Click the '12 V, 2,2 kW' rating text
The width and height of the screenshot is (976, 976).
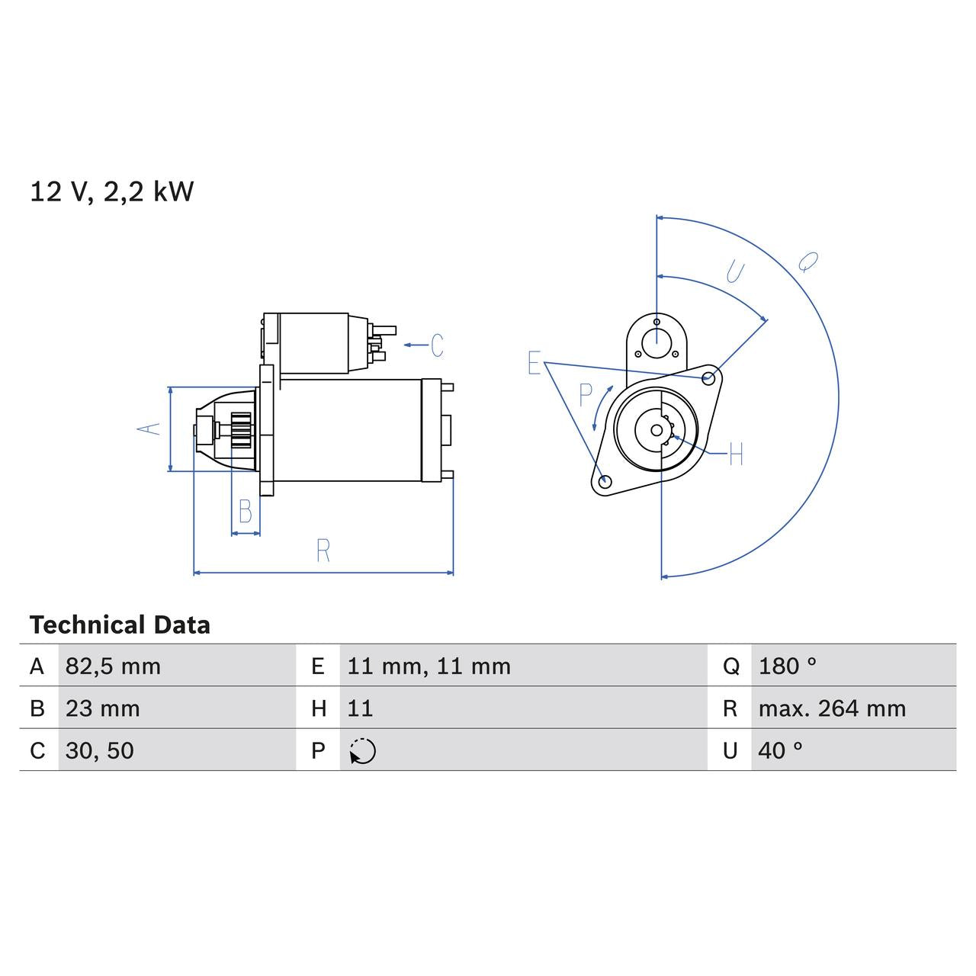111,191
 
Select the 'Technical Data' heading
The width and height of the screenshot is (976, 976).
120,625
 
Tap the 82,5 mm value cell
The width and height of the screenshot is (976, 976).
113,666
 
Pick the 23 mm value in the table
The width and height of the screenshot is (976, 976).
102,708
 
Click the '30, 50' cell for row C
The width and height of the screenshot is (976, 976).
99,750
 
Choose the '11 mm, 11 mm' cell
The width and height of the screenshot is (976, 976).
429,666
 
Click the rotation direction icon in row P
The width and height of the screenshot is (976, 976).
362,751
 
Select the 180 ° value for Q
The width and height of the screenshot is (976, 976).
787,666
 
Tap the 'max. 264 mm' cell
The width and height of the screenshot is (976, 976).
832,708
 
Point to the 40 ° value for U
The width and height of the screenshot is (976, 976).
780,750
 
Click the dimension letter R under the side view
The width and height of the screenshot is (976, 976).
323,551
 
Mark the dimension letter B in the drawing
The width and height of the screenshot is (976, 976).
245,512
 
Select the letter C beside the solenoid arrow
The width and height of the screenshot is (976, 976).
437,345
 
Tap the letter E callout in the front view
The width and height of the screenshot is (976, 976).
535,364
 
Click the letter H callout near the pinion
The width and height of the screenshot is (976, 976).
735,454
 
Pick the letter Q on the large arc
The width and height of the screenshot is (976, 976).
807,262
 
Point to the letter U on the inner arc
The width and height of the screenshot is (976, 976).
735,271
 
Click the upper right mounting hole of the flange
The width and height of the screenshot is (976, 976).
708,377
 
